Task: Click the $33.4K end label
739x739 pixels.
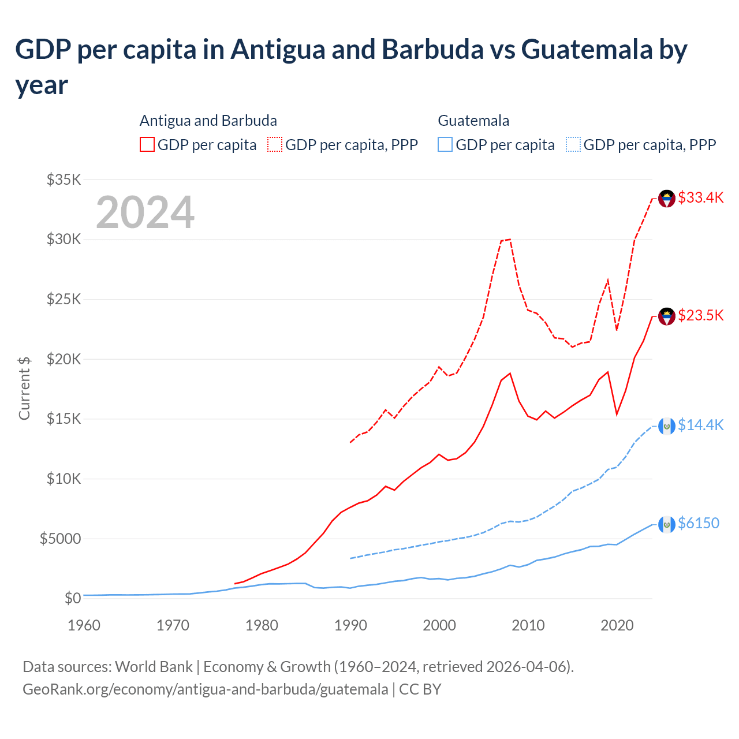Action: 700,198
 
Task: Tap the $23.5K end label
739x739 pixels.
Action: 700,316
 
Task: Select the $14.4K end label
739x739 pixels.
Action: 700,426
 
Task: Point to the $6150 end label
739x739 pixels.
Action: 699,524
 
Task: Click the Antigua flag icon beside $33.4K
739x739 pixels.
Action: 667,199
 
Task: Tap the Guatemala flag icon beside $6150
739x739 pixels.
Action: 667,524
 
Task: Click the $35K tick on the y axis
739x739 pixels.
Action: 64,180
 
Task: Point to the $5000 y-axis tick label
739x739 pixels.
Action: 60,539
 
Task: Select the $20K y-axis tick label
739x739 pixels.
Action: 64,360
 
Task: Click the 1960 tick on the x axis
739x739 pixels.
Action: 84,625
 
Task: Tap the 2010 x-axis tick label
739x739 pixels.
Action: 528,625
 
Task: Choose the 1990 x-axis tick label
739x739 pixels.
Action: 350,625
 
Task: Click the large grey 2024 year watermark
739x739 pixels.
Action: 145,212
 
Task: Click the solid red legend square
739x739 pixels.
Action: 147,144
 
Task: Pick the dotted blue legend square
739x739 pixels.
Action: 573,144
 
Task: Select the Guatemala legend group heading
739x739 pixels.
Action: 473,121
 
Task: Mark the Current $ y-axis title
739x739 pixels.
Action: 24,388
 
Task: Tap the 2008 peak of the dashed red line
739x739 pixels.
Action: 510,239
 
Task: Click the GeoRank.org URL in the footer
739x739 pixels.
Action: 206,689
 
